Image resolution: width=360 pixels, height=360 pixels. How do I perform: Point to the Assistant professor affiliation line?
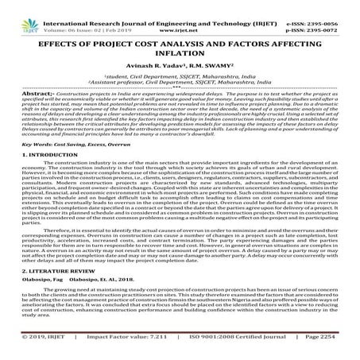pos(179,85)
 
